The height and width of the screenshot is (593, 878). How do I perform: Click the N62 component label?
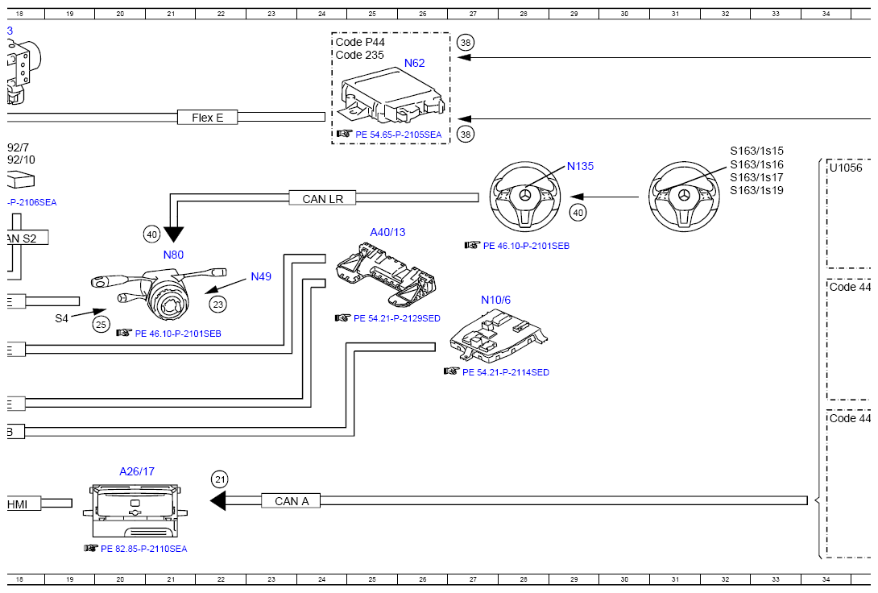[414, 64]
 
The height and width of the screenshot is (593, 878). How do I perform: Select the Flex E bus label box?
[207, 118]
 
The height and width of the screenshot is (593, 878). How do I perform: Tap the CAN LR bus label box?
[322, 198]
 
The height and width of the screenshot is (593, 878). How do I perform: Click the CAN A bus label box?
[291, 501]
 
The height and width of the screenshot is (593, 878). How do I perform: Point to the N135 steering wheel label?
[580, 166]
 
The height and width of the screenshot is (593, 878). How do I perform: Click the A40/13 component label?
[387, 232]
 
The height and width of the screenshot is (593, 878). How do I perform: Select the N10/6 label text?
[495, 301]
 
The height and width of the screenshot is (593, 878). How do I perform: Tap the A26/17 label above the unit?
[137, 471]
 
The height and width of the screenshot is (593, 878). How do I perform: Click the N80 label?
[173, 255]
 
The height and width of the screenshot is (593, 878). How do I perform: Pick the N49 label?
[261, 276]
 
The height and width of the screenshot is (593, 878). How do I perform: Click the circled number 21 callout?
[220, 479]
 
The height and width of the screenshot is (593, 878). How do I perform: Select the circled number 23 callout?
[217, 305]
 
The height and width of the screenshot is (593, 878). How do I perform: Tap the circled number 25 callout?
[101, 324]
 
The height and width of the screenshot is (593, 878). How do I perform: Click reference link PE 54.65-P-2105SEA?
[398, 135]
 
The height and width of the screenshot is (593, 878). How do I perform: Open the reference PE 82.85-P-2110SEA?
[144, 549]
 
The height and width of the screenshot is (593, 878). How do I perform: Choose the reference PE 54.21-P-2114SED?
[506, 372]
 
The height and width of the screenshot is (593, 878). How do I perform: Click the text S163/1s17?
[756, 177]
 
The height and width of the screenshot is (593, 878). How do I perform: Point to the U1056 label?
[846, 168]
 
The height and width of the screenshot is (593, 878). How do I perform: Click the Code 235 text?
[359, 55]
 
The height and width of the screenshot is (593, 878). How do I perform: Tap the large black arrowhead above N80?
[173, 234]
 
